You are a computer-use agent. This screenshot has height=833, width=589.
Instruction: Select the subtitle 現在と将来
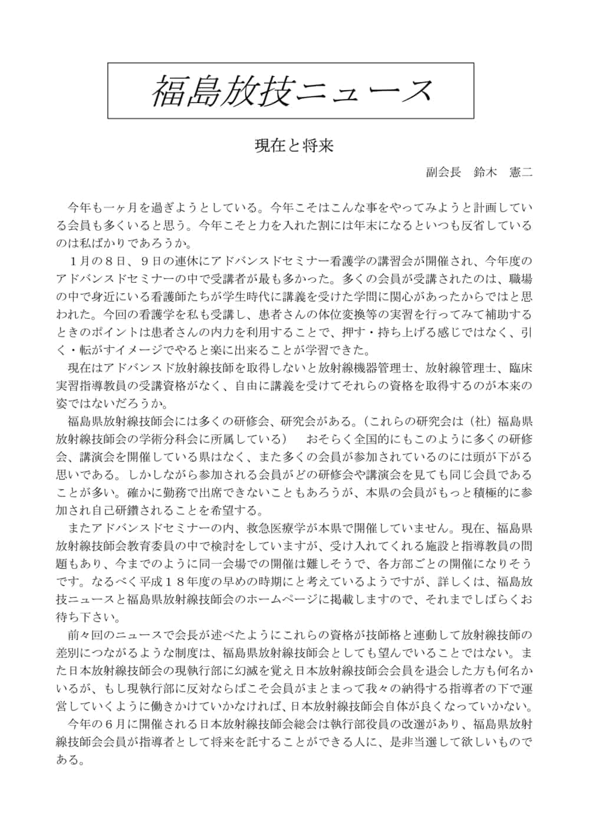pos(294,145)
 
